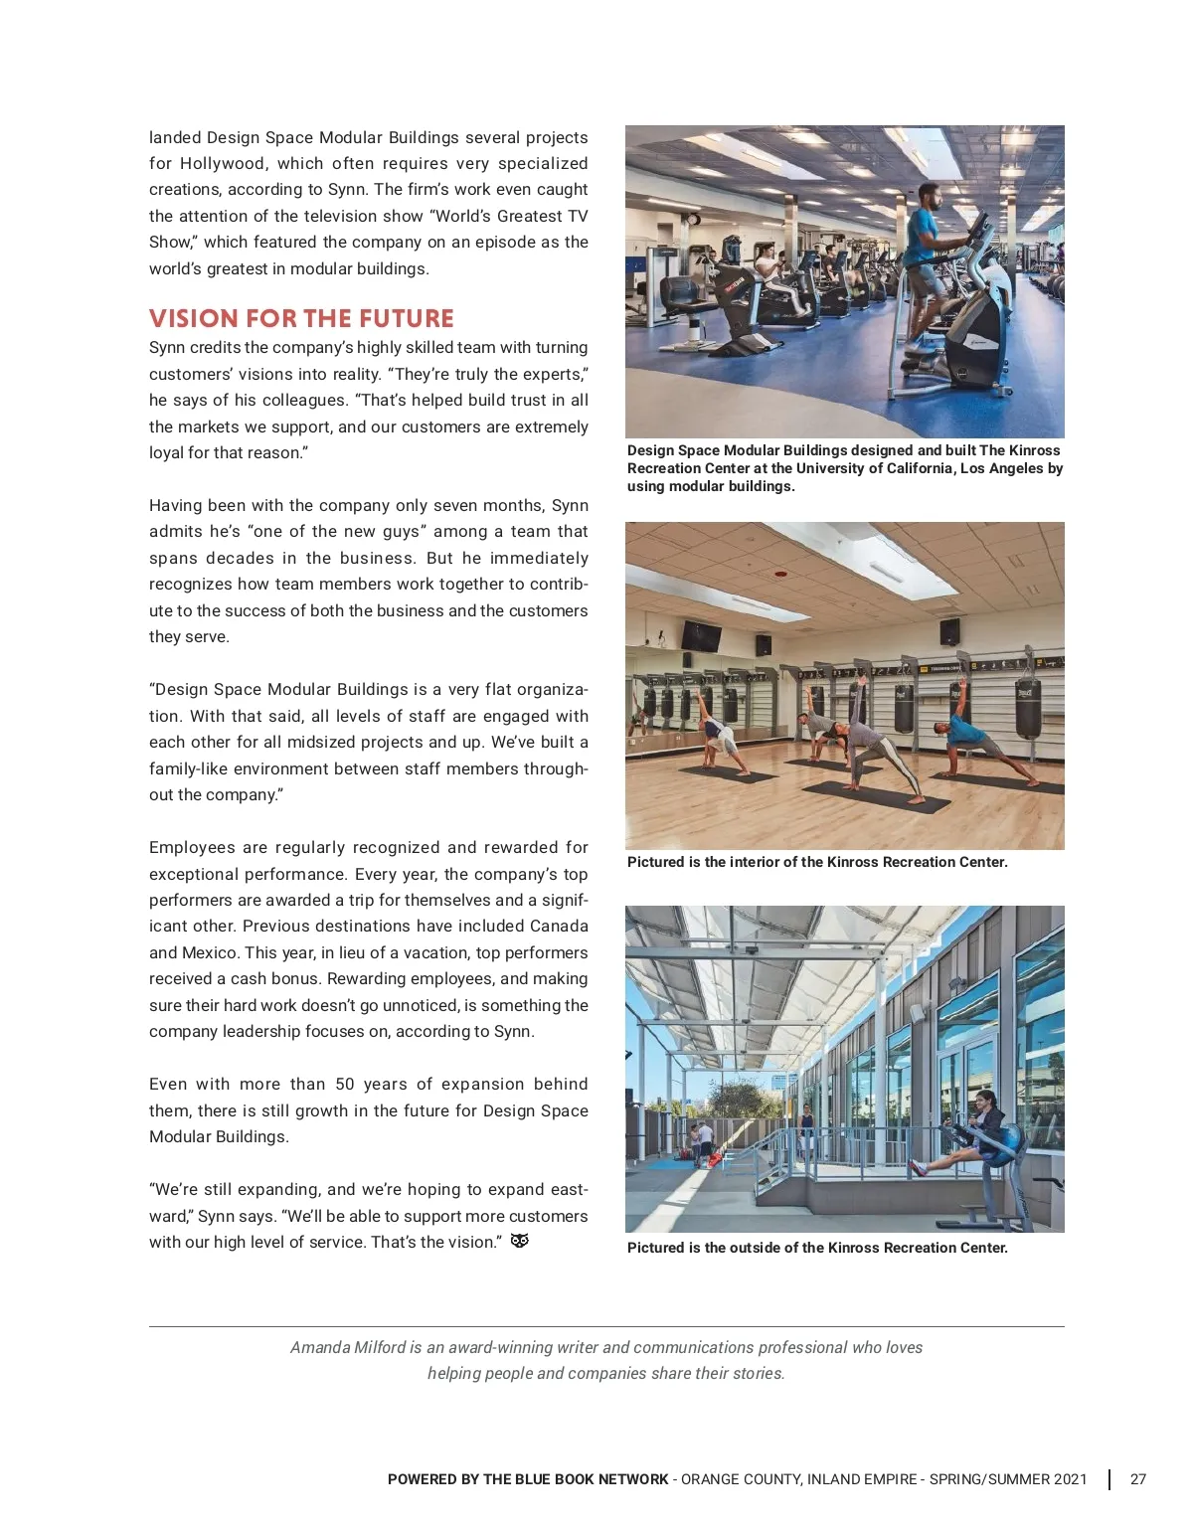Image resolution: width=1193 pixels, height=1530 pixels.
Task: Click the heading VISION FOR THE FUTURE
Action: coord(301,318)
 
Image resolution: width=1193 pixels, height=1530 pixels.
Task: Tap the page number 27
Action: coord(1138,1479)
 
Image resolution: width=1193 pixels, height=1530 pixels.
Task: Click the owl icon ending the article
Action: coord(519,1241)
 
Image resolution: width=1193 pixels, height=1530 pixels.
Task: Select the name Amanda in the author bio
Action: coord(320,1347)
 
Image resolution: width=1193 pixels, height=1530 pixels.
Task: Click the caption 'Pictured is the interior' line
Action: coord(817,862)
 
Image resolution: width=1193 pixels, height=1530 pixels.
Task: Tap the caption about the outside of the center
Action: coord(817,1248)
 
